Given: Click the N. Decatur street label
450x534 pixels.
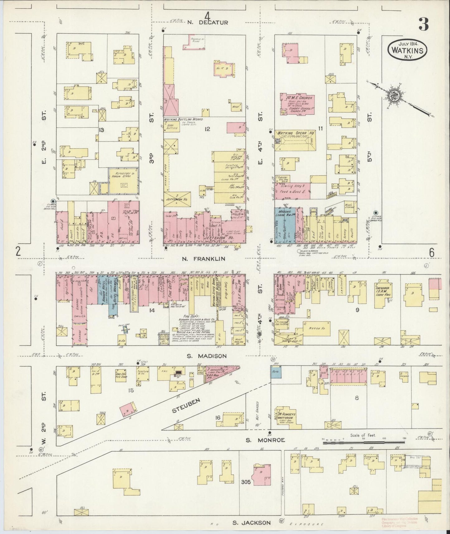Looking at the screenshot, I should click(208, 22).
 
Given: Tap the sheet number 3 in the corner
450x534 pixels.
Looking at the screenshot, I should click(423, 25).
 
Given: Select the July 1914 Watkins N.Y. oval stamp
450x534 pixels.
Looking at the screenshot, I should click(407, 49).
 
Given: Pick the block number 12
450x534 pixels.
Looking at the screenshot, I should click(207, 129).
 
